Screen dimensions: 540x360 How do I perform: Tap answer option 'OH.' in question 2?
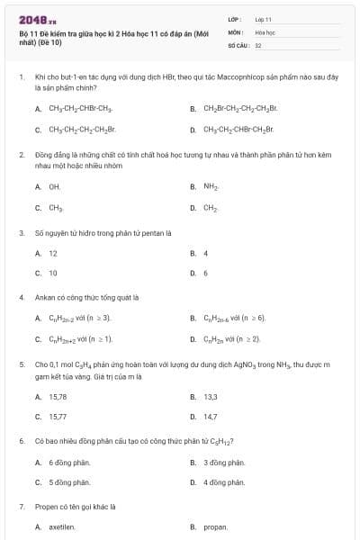pos(54,187)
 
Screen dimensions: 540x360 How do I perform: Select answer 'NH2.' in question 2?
pos(211,187)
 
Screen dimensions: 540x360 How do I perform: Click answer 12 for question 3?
pos(53,254)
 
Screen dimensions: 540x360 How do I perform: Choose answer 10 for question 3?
pos(53,273)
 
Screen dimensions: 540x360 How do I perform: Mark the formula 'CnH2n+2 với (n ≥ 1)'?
pos(80,338)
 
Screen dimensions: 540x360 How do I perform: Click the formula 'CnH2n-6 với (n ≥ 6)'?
pos(235,318)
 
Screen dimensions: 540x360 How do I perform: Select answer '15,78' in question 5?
pos(58,397)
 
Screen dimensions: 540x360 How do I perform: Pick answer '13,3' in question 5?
pos(211,397)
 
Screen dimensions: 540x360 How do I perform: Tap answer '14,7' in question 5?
pos(211,417)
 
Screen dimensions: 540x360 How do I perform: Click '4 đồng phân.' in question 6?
pos(224,482)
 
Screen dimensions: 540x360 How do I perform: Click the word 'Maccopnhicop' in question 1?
pos(211,77)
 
